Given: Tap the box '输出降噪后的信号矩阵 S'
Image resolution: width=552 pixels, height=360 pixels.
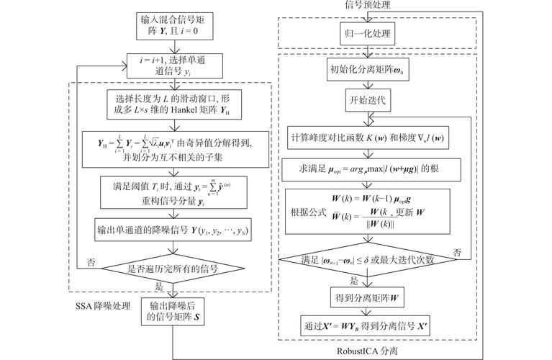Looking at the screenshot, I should click(172, 310).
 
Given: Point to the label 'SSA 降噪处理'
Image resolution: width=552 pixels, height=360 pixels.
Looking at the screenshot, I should click(104, 306).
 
